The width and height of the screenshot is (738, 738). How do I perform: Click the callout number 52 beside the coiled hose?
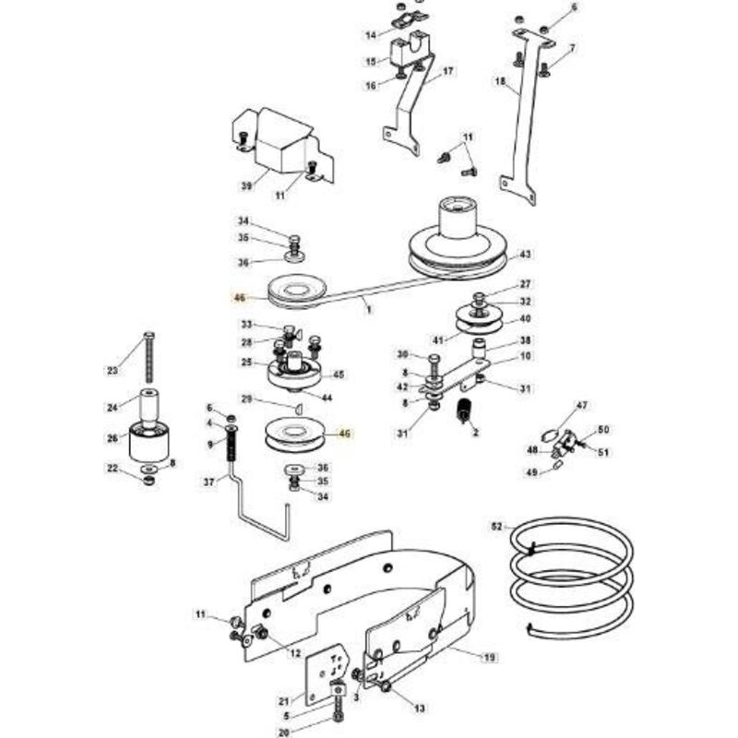coord(496,526)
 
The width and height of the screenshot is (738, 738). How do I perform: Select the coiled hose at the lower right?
coord(572,578)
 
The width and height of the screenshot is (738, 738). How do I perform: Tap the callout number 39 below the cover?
coord(246,186)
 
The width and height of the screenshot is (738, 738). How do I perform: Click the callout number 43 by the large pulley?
coord(525,255)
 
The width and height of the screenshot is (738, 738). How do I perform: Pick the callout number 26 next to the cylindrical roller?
coord(113,438)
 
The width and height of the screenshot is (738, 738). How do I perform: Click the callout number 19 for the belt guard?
coord(490,657)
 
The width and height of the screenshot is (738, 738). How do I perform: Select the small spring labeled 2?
coord(465,410)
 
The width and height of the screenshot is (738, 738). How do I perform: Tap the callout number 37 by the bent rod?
coord(209,482)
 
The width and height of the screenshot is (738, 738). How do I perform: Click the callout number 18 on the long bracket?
coord(500,81)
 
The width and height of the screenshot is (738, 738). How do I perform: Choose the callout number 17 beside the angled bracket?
coord(447,71)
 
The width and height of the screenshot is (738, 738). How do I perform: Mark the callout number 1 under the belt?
coord(369,310)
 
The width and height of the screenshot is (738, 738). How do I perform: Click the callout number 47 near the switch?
coord(582,405)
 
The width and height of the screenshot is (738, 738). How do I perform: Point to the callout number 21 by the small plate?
coord(283,702)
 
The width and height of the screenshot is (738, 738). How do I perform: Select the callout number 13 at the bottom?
coord(419,708)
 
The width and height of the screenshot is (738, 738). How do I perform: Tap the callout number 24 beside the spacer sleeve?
coord(113,407)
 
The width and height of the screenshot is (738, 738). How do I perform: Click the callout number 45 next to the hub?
coord(338,375)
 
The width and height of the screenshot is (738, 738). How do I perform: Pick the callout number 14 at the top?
coord(372,35)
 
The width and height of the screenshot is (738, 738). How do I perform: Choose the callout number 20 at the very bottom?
coord(283,732)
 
